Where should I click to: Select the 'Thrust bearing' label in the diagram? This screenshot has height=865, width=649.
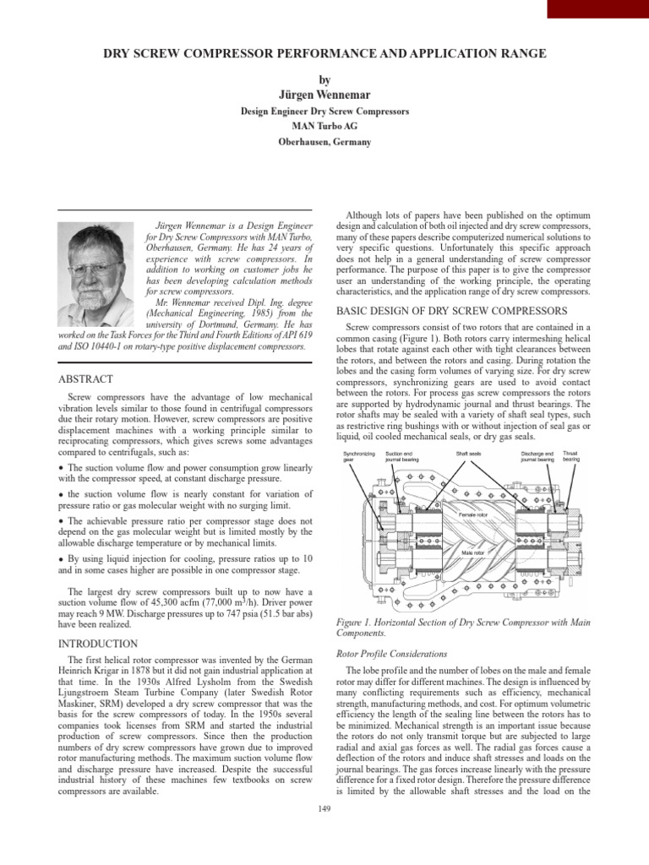point(570,456)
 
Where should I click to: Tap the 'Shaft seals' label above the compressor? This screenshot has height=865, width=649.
point(468,454)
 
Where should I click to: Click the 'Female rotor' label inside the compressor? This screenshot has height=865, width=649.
point(472,514)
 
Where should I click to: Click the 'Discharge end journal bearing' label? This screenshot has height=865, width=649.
point(537,456)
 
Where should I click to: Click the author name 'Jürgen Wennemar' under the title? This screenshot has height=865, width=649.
point(324,94)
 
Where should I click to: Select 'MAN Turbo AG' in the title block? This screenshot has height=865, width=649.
point(324,126)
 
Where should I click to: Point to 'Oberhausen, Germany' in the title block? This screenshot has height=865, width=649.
point(324,141)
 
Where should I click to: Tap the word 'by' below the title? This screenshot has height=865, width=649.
point(324,79)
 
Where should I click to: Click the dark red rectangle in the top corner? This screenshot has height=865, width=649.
point(597,8)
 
